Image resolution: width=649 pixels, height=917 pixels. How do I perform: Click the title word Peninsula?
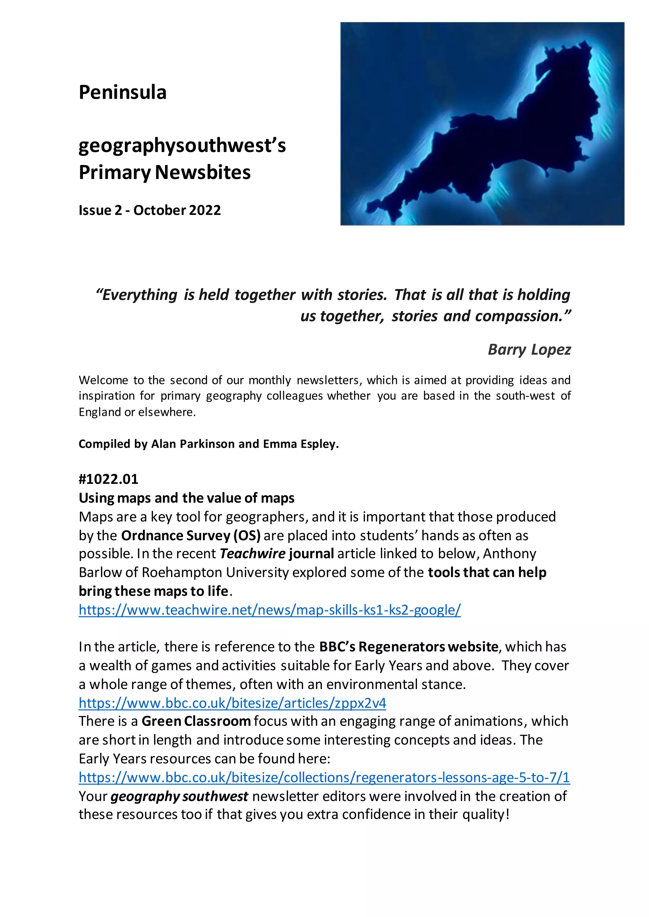click(x=122, y=92)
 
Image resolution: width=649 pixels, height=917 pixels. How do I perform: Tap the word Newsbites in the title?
click(x=202, y=173)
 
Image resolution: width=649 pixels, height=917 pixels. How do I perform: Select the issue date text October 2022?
click(x=177, y=210)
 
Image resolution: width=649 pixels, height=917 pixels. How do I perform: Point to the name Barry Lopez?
click(x=529, y=350)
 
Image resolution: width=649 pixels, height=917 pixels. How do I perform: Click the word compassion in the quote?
click(x=519, y=316)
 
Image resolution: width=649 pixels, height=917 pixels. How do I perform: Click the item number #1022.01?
click(x=108, y=479)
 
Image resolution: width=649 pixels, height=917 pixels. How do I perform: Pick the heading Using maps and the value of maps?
click(x=186, y=498)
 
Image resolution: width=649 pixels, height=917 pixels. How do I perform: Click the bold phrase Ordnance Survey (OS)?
click(x=191, y=535)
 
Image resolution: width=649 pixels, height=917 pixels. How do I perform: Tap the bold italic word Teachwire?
click(x=253, y=554)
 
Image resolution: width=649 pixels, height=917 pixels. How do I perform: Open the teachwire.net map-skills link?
click(x=269, y=610)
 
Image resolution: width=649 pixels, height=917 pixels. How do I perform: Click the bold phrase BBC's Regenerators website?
click(x=408, y=647)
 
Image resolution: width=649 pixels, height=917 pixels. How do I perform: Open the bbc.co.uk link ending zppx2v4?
click(x=232, y=703)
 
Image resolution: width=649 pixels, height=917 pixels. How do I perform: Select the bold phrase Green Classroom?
click(x=196, y=721)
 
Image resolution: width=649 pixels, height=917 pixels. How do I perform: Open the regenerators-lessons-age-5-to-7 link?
click(x=324, y=777)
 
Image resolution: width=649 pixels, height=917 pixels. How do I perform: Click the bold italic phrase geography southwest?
click(x=179, y=796)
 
